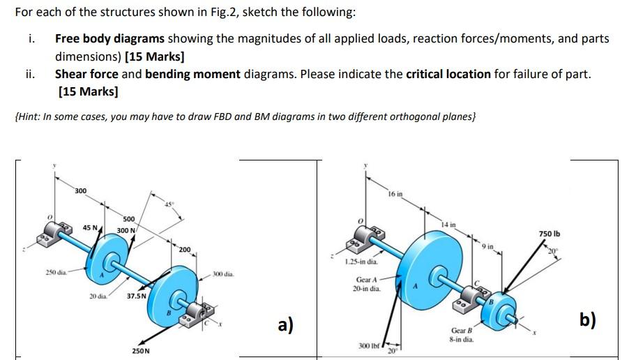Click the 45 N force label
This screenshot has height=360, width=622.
point(91,227)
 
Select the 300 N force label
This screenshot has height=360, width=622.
point(126,230)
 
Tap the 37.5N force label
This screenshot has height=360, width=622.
point(137,296)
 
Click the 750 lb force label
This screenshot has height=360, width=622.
point(549,234)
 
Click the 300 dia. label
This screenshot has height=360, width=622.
point(223,273)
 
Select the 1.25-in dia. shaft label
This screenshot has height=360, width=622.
point(362,262)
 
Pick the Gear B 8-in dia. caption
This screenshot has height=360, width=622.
point(463,335)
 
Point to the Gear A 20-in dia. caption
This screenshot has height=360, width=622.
point(367,284)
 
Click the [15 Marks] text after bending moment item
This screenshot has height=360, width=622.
point(88,91)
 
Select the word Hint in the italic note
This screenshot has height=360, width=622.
point(29,116)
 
